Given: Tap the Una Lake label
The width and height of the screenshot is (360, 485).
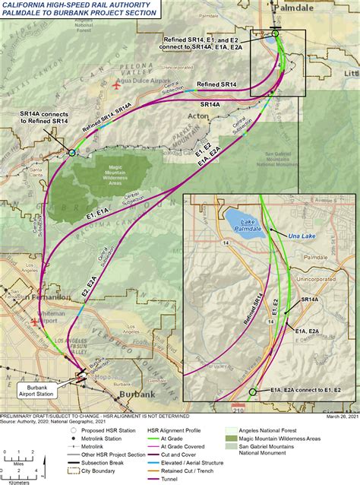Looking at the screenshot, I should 301,236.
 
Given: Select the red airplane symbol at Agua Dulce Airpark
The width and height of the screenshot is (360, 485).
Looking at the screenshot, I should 115,84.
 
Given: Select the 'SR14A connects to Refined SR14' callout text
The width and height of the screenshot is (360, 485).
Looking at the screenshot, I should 44,117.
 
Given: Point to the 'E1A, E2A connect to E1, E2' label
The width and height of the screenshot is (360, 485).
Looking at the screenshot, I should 305,390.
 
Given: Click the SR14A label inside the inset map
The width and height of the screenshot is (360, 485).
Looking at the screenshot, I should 309,300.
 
